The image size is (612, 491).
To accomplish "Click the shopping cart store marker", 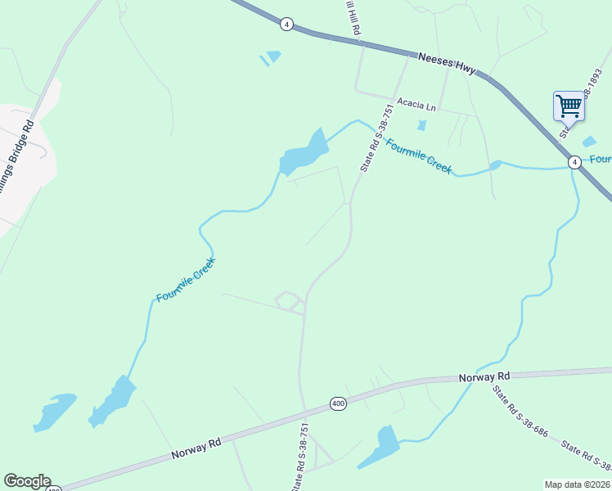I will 568,106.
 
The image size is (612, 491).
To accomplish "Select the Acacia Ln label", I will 417,106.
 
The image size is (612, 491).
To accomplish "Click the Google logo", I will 26,481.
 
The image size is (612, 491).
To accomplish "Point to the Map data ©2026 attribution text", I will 576,484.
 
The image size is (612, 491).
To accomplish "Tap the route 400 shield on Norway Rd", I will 338,403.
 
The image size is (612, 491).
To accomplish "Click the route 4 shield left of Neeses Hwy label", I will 286,24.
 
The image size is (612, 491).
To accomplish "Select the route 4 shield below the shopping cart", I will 575,162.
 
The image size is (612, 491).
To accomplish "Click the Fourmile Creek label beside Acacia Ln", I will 419,155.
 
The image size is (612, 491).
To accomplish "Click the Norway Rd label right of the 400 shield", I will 484,376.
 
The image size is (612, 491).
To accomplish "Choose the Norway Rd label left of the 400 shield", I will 196,448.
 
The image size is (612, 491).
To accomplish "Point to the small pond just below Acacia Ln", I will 421,125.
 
